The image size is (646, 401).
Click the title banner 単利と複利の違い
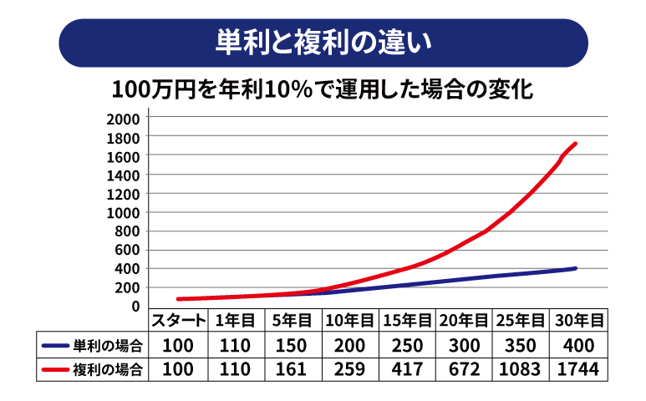click(x=323, y=43)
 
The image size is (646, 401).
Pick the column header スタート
click(x=177, y=321)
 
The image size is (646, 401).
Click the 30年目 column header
click(x=578, y=321)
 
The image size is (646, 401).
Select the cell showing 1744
click(x=578, y=368)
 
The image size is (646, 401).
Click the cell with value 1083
click(x=521, y=368)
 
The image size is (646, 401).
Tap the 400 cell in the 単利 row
click(x=578, y=345)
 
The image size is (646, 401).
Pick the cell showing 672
click(x=464, y=368)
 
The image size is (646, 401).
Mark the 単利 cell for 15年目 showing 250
click(x=406, y=345)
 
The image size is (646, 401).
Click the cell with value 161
click(x=292, y=368)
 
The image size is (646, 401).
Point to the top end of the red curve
click(x=576, y=144)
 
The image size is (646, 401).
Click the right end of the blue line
click(x=576, y=268)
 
